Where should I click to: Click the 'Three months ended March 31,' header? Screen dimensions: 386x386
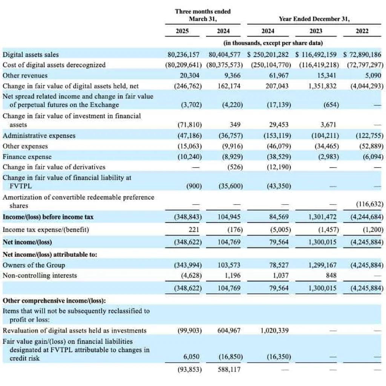pyautogui.click(x=203, y=15)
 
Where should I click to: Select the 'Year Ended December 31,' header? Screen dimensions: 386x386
pyautogui.click(x=314, y=19)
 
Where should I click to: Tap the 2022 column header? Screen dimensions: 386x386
pyautogui.click(x=362, y=31)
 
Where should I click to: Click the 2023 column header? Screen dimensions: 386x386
pyautogui.click(x=316, y=31)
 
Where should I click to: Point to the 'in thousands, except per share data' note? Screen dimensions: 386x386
pyautogui.click(x=273, y=43)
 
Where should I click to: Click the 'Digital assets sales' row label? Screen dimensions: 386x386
pyautogui.click(x=31, y=54)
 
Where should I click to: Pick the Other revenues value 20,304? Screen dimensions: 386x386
pyautogui.click(x=189, y=75)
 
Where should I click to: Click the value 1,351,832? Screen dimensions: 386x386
pyautogui.click(x=322, y=86)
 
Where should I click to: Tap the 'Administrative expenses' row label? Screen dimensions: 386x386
pyautogui.click(x=39, y=135)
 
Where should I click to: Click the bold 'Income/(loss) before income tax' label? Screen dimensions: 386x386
pyautogui.click(x=48, y=217)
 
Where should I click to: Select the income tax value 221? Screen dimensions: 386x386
pyautogui.click(x=194, y=230)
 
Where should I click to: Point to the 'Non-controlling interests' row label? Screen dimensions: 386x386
pyautogui.click(x=40, y=275)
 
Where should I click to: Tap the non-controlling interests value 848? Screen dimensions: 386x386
pyautogui.click(x=331, y=275)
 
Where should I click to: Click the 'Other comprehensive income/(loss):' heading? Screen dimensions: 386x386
pyautogui.click(x=54, y=300)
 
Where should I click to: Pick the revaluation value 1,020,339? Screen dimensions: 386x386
pyautogui.click(x=274, y=330)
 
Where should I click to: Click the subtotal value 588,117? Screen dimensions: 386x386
pyautogui.click(x=229, y=369)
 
